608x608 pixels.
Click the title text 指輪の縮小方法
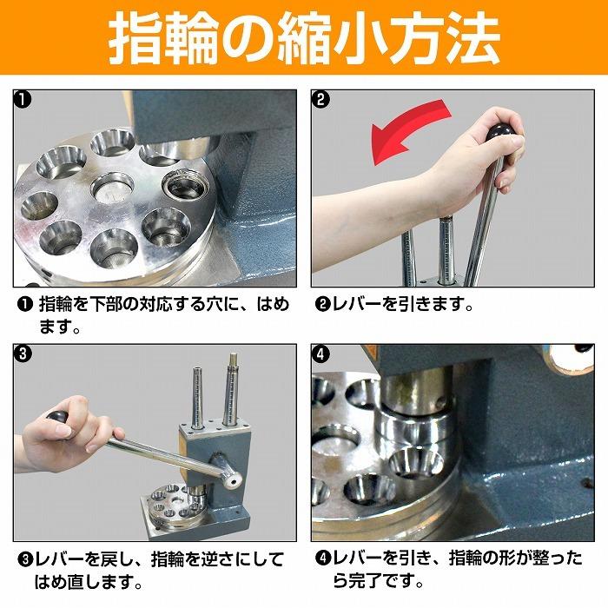[x=304, y=38]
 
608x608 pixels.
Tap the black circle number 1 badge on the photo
[x=24, y=99]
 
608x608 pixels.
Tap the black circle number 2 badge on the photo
[x=321, y=99]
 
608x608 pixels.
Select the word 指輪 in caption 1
[x=57, y=306]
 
